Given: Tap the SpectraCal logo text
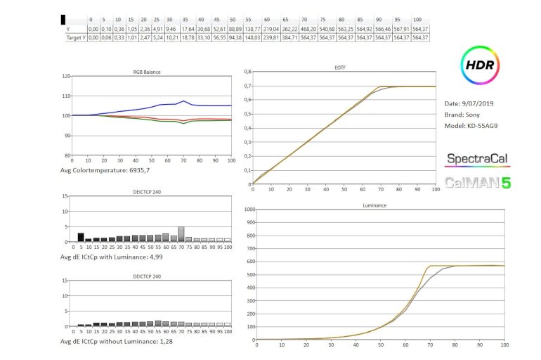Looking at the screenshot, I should pyautogui.click(x=478, y=160).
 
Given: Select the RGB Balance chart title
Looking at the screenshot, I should pyautogui.click(x=148, y=72).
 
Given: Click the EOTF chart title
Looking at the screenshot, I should pyautogui.click(x=379, y=67).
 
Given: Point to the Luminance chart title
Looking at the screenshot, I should pyautogui.click(x=379, y=205).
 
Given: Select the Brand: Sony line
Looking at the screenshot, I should pyautogui.click(x=464, y=115).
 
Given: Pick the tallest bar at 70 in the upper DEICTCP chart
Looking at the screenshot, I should pyautogui.click(x=181, y=234).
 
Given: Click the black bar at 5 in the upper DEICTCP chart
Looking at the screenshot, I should pyautogui.click(x=81, y=237).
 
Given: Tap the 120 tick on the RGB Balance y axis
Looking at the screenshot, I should pyautogui.click(x=67, y=76).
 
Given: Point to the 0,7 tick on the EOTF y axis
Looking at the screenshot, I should pyautogui.click(x=247, y=86).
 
